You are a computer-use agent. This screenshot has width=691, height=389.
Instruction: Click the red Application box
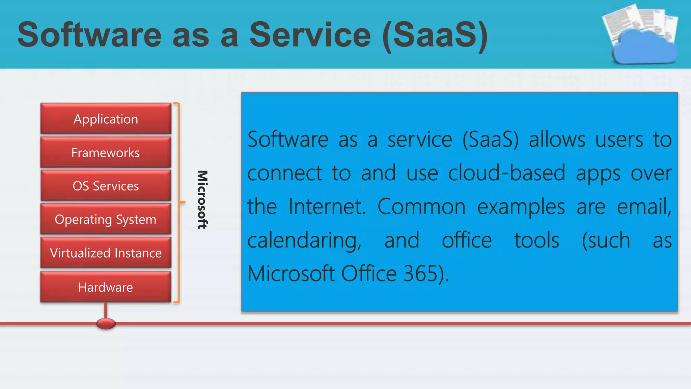(106, 119)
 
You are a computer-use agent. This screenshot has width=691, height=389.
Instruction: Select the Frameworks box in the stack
(106, 153)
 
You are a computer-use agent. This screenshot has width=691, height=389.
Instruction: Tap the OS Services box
(106, 186)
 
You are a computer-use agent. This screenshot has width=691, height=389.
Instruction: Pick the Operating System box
(106, 219)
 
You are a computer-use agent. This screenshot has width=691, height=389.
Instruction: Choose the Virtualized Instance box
(106, 253)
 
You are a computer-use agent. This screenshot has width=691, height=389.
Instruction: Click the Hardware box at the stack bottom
(106, 287)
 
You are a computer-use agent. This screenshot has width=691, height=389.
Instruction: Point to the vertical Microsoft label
(202, 200)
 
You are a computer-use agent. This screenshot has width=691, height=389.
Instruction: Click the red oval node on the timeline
(106, 323)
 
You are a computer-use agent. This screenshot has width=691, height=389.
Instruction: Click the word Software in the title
(89, 35)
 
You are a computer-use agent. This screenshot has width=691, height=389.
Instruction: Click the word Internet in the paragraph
(327, 206)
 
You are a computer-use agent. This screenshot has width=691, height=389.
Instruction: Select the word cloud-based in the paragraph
(506, 173)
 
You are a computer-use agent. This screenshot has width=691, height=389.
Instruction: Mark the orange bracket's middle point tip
(184, 202)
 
